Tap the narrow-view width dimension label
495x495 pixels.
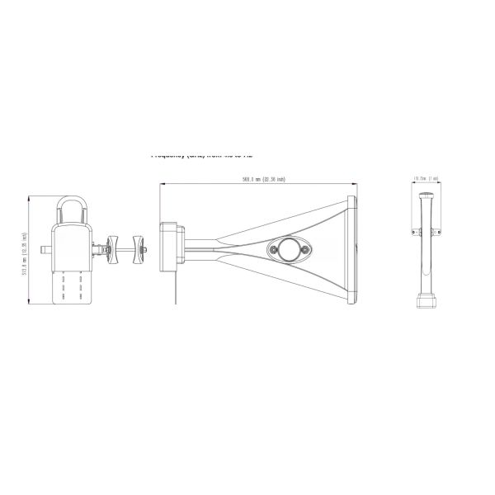[x=427, y=176]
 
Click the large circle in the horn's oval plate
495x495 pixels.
[x=286, y=249]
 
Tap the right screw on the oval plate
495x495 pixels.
[x=304, y=249]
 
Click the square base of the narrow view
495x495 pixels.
[x=427, y=298]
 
